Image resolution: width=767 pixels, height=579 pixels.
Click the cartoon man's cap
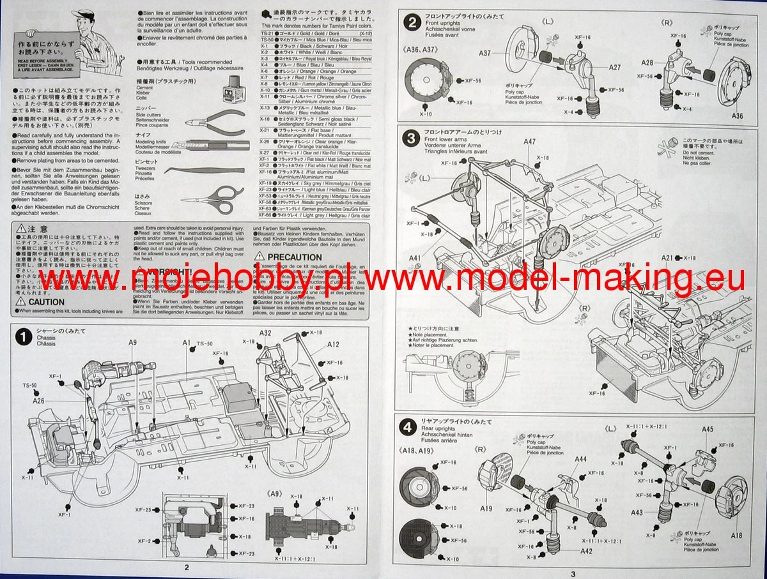tap(84, 14)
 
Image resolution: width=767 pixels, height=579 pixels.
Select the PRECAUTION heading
tap(286, 257)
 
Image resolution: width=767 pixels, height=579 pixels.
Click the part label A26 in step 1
tap(39, 402)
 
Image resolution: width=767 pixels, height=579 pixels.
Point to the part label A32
tap(266, 333)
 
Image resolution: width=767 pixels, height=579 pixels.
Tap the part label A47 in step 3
tap(530, 142)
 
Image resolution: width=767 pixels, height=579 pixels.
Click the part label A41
tap(414, 258)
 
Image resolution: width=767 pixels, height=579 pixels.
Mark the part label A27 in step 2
tap(614, 67)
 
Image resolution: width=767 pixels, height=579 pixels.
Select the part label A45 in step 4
tap(707, 429)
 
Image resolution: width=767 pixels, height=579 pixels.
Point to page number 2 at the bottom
tap(186, 567)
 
